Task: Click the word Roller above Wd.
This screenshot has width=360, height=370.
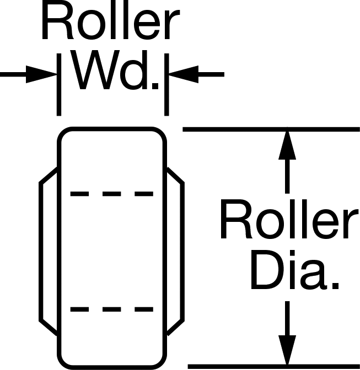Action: [x=111, y=21]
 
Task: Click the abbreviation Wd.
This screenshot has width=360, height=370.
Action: [x=116, y=70]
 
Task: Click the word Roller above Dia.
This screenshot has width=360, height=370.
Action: [x=289, y=219]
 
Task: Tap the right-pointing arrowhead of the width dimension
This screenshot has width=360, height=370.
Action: [x=41, y=74]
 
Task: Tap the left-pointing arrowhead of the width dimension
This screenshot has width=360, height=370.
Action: [x=184, y=74]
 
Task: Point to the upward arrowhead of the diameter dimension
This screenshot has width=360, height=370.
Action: [x=287, y=145]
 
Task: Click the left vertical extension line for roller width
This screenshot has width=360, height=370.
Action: [x=59, y=84]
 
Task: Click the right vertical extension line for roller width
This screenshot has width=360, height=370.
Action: [x=166, y=84]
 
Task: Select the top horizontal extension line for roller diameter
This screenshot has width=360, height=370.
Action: [x=271, y=129]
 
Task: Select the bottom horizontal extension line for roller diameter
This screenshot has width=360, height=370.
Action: [x=274, y=367]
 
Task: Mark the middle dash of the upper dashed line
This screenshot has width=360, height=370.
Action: [x=112, y=194]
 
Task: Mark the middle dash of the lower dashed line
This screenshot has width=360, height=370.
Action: [x=112, y=309]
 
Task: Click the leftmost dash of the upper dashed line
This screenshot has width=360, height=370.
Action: [x=79, y=194]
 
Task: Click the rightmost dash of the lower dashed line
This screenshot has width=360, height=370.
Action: [x=144, y=309]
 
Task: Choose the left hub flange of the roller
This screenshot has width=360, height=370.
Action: [x=41, y=251]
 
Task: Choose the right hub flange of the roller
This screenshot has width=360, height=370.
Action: [x=182, y=251]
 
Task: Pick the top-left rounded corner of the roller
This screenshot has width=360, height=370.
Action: [x=62, y=132]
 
